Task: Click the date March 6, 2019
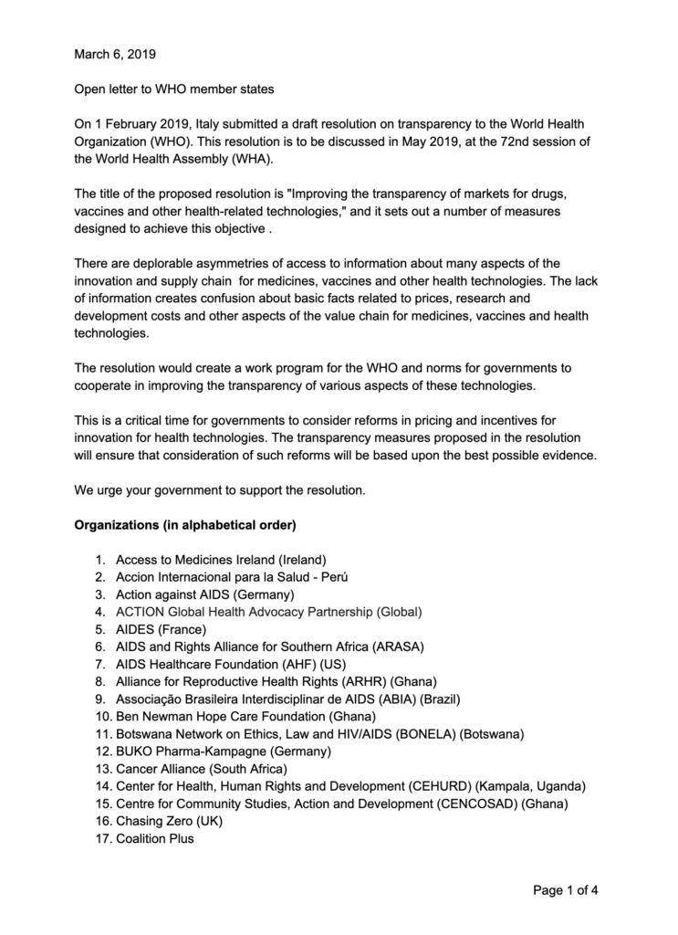(x=115, y=54)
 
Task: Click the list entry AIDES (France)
(x=162, y=629)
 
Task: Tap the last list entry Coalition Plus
(x=155, y=838)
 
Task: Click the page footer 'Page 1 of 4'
(x=566, y=891)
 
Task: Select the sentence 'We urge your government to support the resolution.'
(x=219, y=490)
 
